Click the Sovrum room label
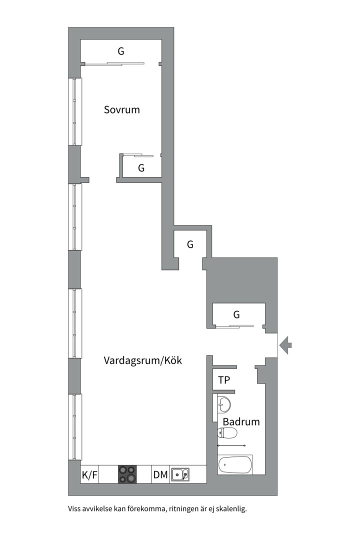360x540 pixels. (x=121, y=109)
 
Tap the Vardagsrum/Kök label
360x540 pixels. (x=142, y=360)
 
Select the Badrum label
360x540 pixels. (x=241, y=421)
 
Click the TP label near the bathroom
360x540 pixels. (x=224, y=380)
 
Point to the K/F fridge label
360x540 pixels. (x=89, y=475)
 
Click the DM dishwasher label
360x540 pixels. (x=160, y=475)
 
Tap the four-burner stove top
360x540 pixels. (x=127, y=474)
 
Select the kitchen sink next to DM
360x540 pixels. (x=180, y=474)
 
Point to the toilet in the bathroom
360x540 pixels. (x=227, y=433)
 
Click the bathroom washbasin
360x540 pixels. (x=224, y=403)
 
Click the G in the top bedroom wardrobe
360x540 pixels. (x=121, y=51)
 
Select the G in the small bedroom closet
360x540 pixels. (x=141, y=168)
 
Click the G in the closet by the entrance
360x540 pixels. (x=236, y=314)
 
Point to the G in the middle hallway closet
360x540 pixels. (x=190, y=244)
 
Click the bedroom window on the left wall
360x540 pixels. (x=75, y=111)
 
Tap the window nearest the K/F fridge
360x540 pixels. (x=75, y=426)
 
